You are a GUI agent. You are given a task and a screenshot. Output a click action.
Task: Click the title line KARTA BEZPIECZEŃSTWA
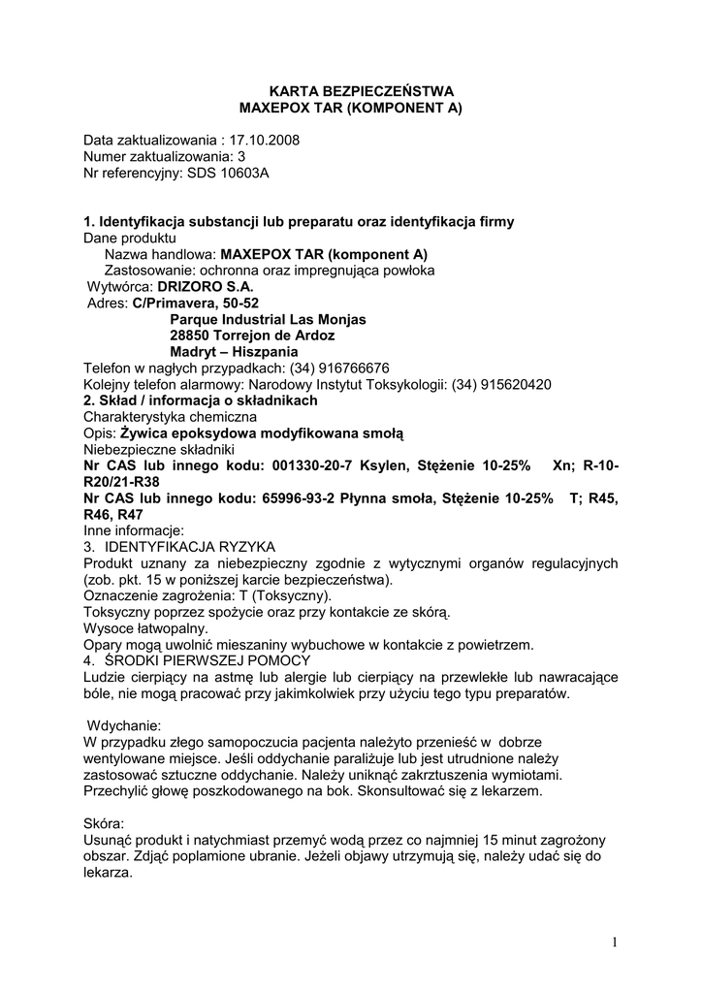coord(350,90)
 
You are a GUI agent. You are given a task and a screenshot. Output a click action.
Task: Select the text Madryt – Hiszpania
coord(234,351)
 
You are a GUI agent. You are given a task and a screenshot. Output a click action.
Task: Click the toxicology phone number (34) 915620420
coord(496,384)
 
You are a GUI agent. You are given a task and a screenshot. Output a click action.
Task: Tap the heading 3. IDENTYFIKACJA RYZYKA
coord(179,547)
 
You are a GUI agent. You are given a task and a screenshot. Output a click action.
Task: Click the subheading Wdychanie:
coord(124,724)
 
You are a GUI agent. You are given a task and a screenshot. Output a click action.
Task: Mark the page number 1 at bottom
coord(615,942)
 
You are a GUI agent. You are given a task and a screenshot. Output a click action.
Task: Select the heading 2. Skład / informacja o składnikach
coord(200,400)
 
